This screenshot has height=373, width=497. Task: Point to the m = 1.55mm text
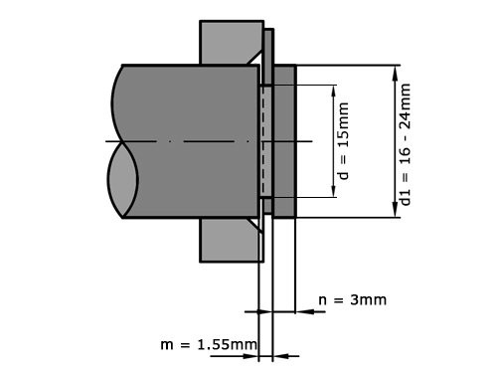[209, 344]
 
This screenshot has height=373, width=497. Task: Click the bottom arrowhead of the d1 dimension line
[387, 214]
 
